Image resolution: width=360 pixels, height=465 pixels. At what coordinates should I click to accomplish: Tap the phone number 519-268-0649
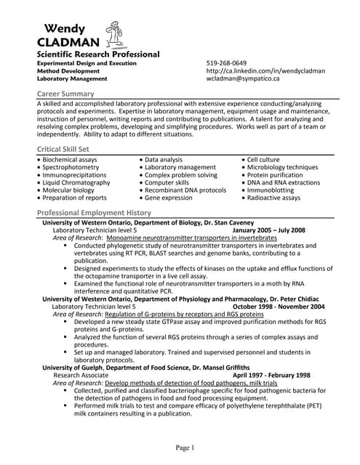pyautogui.click(x=226, y=62)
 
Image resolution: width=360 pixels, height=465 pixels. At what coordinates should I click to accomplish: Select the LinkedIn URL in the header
pyautogui.click(x=265, y=70)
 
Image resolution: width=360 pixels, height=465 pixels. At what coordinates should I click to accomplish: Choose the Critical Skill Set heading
pyautogui.click(x=68, y=148)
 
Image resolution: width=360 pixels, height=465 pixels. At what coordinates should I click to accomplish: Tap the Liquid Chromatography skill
pyautogui.click(x=76, y=182)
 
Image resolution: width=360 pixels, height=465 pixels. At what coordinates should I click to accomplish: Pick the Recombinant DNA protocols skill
pyautogui.click(x=185, y=190)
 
